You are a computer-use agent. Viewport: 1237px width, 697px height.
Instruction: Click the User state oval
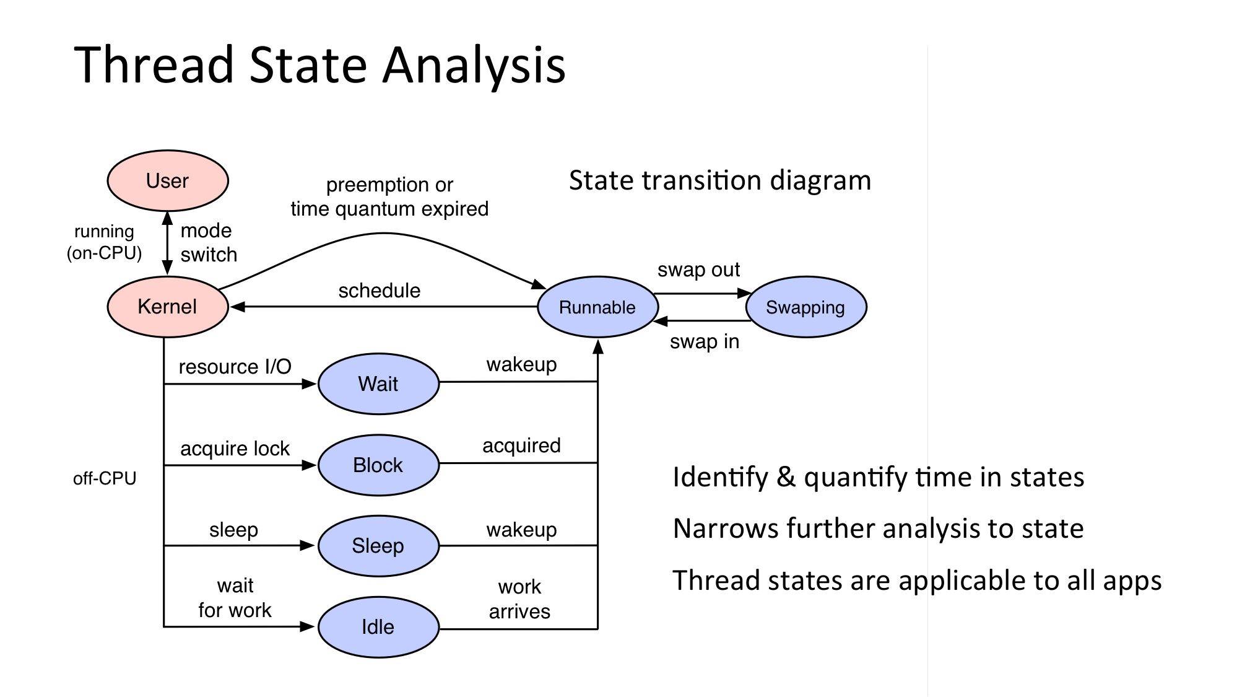168,181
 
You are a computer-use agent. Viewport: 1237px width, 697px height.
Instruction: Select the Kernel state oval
168,307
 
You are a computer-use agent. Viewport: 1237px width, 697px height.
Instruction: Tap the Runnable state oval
597,307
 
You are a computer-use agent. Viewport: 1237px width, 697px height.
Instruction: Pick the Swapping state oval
805,307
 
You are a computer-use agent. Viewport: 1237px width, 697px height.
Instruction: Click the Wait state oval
378,384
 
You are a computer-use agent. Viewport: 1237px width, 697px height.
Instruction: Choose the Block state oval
378,465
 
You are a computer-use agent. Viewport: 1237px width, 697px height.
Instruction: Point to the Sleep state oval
378,546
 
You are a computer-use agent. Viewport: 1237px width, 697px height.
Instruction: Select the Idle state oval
378,627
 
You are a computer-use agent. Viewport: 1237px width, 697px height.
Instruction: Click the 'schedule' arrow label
380,291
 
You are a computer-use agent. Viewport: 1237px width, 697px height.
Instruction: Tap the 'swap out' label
698,270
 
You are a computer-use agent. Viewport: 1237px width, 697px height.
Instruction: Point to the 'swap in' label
705,341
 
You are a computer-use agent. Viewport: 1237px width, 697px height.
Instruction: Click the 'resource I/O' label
235,367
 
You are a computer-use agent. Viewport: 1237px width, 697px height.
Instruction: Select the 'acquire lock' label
235,449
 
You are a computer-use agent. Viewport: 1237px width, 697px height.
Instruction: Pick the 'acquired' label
521,445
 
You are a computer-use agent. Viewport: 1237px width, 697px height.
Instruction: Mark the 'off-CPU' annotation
105,478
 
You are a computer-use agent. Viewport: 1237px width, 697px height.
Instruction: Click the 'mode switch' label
208,242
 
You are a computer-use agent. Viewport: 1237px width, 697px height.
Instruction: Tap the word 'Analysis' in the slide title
474,65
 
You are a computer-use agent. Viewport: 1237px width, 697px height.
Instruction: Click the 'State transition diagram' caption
719,181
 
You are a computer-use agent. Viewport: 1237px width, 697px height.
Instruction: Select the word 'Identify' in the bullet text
720,478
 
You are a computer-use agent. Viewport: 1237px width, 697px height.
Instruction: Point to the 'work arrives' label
519,599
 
